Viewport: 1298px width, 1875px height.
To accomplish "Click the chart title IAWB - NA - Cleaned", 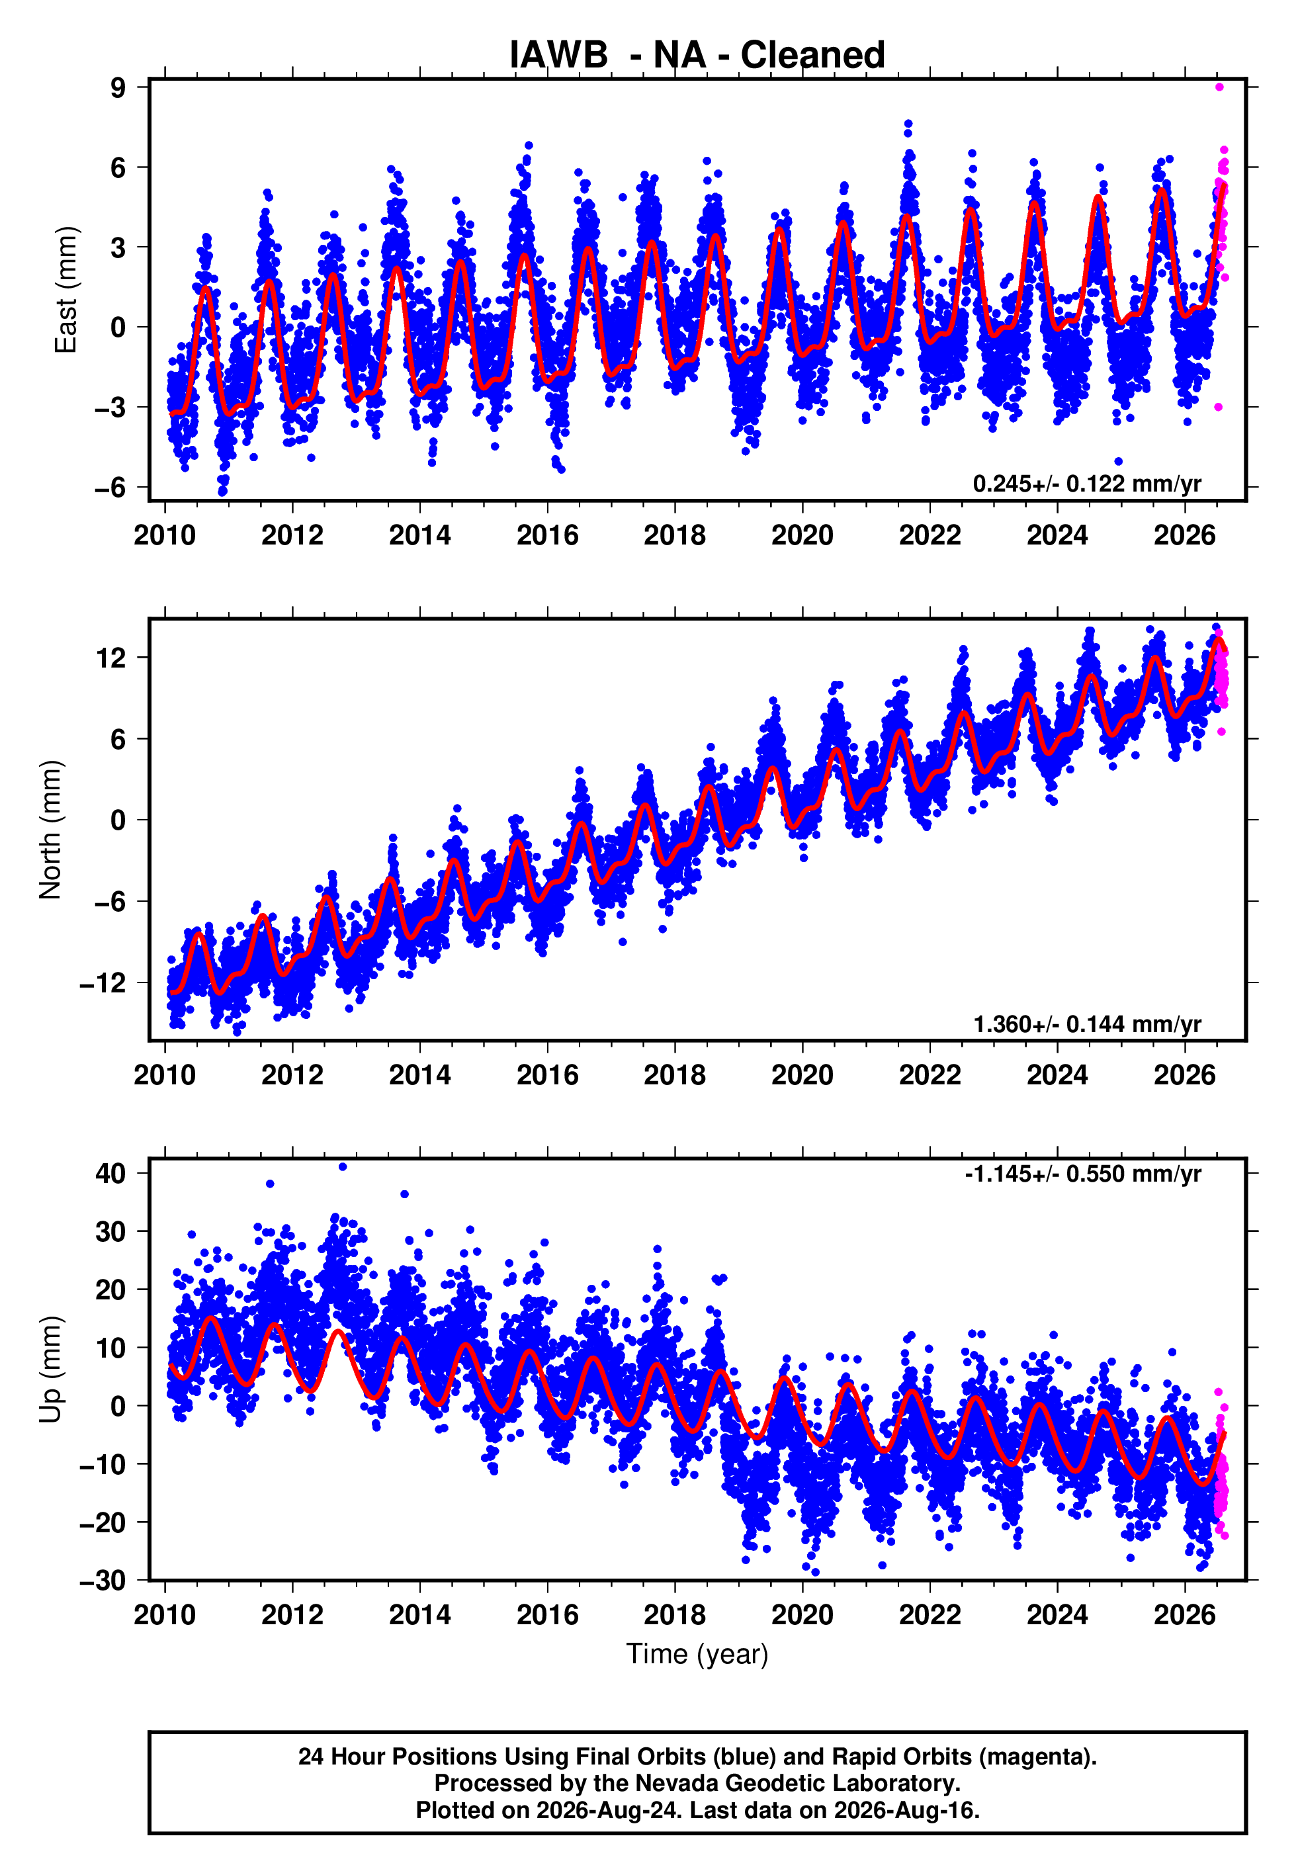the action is pyautogui.click(x=697, y=54).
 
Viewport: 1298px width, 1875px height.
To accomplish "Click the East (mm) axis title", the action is pyautogui.click(x=65, y=290).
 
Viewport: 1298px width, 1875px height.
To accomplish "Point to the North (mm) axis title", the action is pyautogui.click(x=50, y=830).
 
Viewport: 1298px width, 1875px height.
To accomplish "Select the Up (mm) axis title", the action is pyautogui.click(x=50, y=1370).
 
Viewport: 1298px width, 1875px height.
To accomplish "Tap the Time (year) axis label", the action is pyautogui.click(x=697, y=1654).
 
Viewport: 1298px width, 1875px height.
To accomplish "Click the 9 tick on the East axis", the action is pyautogui.click(x=118, y=87).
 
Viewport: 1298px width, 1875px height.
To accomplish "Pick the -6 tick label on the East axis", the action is pyautogui.click(x=110, y=487).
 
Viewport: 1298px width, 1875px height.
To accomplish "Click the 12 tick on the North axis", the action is pyautogui.click(x=111, y=657).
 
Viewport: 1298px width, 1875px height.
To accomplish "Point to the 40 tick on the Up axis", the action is pyautogui.click(x=111, y=1173).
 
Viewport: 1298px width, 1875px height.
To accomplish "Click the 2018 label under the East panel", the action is pyautogui.click(x=675, y=535).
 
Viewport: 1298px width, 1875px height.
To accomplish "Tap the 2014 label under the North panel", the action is pyautogui.click(x=419, y=1075).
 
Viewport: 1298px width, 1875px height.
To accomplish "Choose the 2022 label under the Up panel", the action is pyautogui.click(x=930, y=1615).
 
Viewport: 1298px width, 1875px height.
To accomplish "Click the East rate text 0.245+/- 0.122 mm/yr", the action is pyautogui.click(x=1086, y=484).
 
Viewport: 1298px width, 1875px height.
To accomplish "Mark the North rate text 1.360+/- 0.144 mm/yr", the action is pyautogui.click(x=1086, y=1024).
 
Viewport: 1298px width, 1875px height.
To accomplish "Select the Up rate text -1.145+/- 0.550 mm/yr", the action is pyautogui.click(x=1082, y=1174).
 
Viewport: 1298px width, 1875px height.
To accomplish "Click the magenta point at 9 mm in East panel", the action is pyautogui.click(x=1219, y=87).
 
